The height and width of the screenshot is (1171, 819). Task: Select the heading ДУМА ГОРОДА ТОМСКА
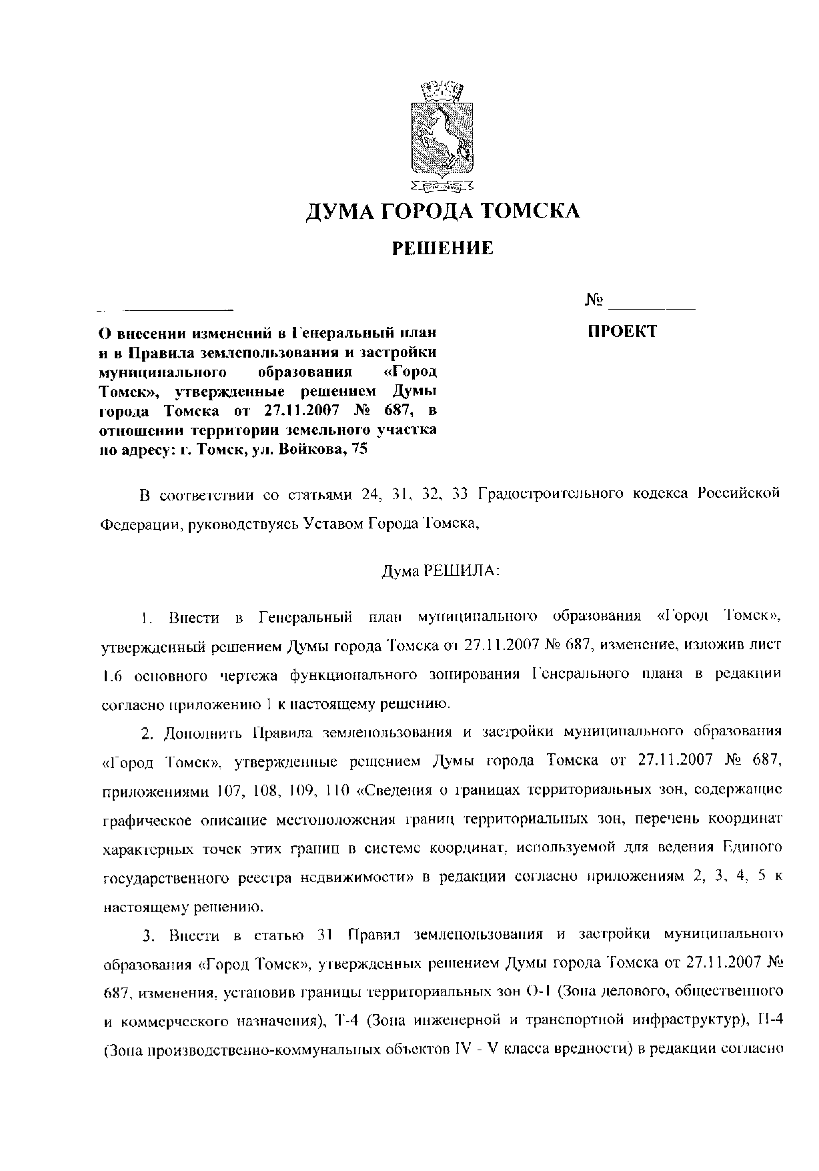442,212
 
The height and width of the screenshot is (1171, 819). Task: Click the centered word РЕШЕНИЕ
442,249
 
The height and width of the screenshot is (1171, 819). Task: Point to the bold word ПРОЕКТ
622,332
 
